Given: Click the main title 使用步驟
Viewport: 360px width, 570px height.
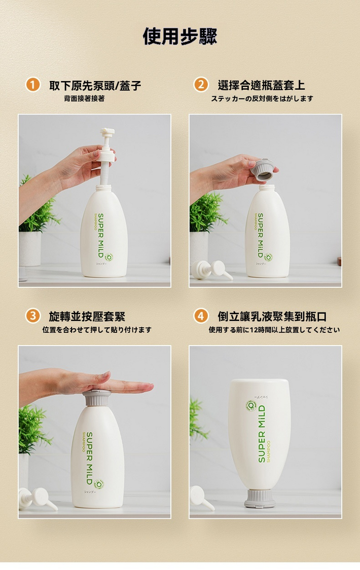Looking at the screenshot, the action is click(180, 36).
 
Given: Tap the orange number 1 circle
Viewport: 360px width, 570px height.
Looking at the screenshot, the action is click(33, 85).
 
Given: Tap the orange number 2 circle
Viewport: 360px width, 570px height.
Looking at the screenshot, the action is click(201, 85).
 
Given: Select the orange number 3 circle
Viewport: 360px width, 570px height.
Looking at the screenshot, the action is click(33, 316).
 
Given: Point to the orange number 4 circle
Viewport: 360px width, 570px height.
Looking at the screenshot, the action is click(201, 316).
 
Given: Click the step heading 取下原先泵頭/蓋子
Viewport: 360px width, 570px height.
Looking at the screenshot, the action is click(95, 86).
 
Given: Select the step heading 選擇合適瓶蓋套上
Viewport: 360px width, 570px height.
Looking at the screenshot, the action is click(262, 85).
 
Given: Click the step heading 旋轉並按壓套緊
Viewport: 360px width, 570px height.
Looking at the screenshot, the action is click(87, 316).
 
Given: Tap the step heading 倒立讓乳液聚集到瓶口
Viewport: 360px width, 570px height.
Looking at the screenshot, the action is click(272, 316).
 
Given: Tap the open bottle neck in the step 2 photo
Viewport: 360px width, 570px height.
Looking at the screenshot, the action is click(267, 188).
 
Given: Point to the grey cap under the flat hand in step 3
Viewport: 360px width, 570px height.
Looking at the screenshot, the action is click(96, 398).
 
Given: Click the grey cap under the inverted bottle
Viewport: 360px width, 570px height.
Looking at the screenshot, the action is click(260, 499).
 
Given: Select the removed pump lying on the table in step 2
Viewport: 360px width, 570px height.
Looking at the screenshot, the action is click(211, 270).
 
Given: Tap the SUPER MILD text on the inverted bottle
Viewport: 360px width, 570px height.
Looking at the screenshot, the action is click(262, 434).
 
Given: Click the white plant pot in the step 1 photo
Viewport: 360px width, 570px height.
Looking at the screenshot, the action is click(30, 249).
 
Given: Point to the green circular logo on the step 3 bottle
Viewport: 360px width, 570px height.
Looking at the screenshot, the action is click(99, 484).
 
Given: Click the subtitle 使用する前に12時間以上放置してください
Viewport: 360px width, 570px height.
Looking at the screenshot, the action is click(274, 330).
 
